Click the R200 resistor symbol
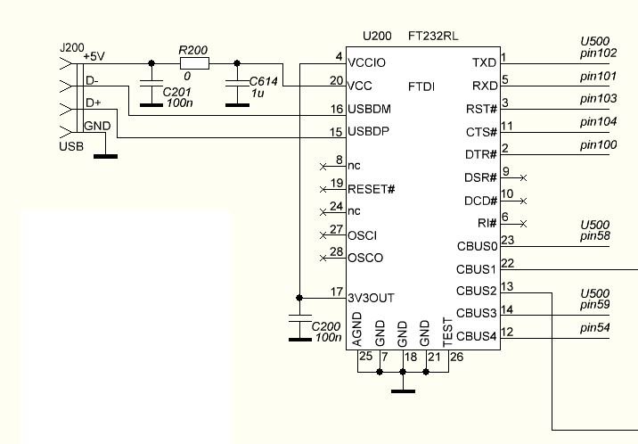[194, 63]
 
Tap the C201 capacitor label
[176, 92]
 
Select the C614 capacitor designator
[263, 81]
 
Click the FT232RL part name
[433, 37]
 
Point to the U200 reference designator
[377, 37]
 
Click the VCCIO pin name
[366, 62]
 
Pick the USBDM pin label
[370, 109]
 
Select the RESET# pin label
[371, 189]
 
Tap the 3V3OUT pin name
[371, 299]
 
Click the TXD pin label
[485, 62]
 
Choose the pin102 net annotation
[599, 53]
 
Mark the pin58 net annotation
[595, 236]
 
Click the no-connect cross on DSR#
[524, 177]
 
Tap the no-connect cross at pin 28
[323, 258]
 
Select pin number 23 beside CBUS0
[507, 240]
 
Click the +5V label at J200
[94, 56]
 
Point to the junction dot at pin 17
[299, 298]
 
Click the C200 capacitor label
[326, 326]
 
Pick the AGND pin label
[356, 329]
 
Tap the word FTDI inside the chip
[421, 86]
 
